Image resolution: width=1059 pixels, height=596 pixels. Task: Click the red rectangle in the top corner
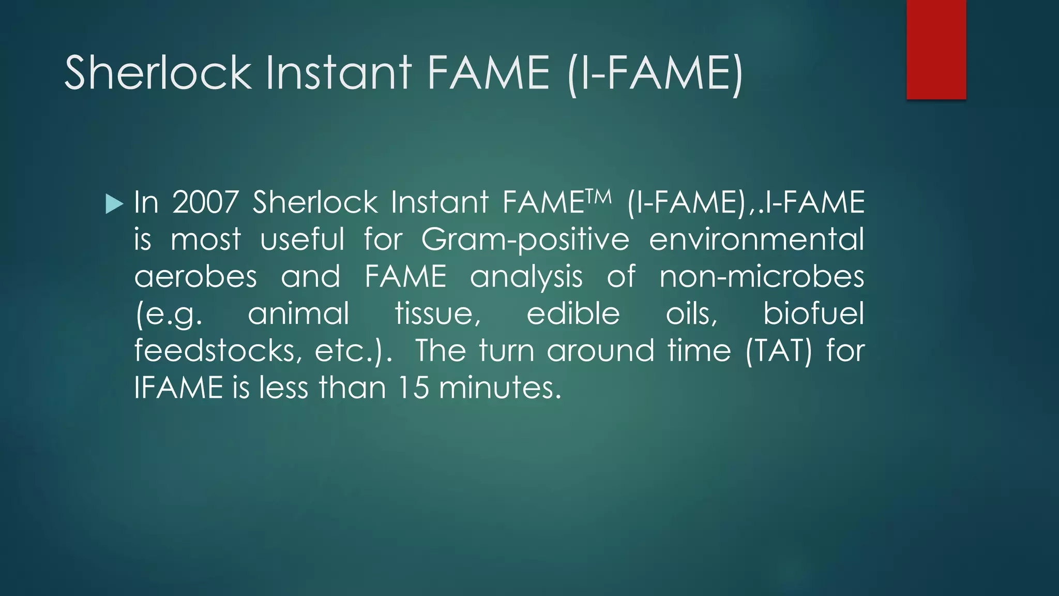coord(936,49)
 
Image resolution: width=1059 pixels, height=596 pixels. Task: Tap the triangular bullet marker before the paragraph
coord(114,203)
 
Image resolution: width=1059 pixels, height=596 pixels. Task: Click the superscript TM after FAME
coord(599,196)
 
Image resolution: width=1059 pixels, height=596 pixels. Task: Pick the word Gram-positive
coord(525,240)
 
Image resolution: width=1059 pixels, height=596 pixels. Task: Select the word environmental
coord(757,239)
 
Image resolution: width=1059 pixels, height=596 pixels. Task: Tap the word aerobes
coord(195,276)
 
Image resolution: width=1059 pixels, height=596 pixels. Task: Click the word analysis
coord(526,277)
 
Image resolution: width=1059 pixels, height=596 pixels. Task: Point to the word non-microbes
coord(762,276)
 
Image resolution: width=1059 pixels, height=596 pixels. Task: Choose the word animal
coord(298,314)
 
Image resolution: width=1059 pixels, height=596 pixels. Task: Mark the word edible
coord(573,314)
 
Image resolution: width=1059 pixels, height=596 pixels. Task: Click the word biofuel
coord(813,314)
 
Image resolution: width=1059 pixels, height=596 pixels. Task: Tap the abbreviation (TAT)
coord(779,351)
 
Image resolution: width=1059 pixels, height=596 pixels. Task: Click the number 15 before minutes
coord(414,388)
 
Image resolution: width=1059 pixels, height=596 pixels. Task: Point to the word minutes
coord(500,388)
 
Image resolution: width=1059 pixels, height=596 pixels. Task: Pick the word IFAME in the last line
coord(178,388)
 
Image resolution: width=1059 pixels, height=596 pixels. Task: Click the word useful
coord(302,239)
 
